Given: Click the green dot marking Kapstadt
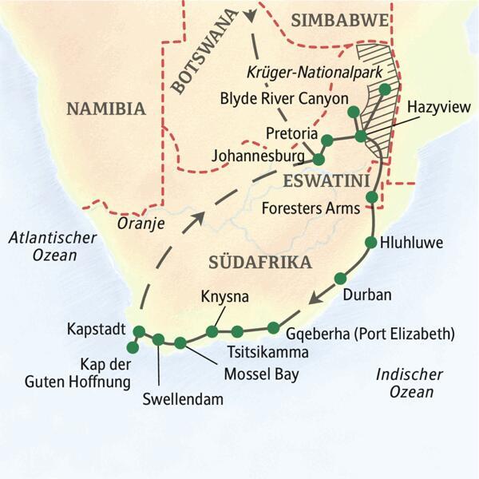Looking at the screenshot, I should click(x=140, y=331).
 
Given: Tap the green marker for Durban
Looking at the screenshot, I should click(x=340, y=278).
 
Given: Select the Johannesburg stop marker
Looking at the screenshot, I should click(x=319, y=160).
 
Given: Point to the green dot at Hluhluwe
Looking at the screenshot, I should click(x=371, y=242).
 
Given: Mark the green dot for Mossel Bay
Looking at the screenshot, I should click(x=180, y=343).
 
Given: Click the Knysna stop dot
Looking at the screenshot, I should click(x=212, y=331).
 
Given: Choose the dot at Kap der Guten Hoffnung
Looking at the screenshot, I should click(x=133, y=347).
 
